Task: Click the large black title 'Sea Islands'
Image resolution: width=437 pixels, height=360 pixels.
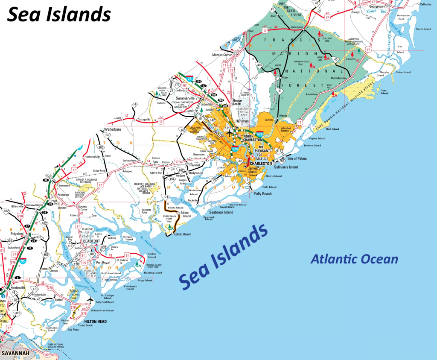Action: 59,15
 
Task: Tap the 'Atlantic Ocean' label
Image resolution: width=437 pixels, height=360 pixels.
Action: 354,259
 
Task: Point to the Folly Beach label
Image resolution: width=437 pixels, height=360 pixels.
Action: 263,194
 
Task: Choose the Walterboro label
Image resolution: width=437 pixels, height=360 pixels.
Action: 115,129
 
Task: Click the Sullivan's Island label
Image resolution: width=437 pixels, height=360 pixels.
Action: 286,167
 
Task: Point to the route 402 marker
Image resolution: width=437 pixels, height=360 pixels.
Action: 259,64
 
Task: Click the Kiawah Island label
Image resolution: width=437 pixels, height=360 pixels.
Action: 238,205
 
